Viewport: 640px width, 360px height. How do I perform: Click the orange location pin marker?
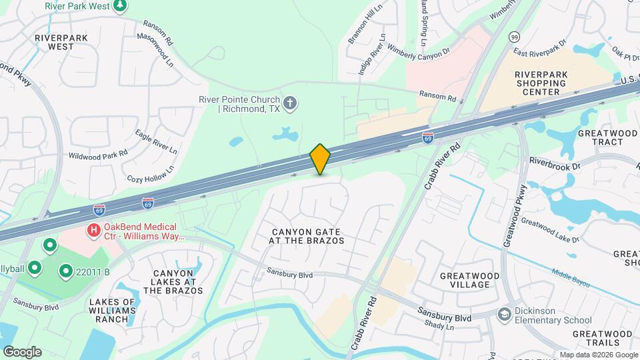click(321, 159)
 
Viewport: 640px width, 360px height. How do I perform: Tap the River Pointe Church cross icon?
click(290, 103)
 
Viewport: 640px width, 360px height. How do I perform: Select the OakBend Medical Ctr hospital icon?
click(95, 231)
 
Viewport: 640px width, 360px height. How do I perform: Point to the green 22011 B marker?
click(66, 271)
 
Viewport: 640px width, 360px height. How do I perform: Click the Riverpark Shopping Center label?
click(541, 83)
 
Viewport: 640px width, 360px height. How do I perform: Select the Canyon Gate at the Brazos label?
click(307, 236)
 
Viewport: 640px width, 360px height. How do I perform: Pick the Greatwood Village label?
click(465, 280)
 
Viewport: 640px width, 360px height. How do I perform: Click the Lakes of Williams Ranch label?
click(112, 310)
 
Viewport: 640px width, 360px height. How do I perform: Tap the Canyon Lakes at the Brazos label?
click(177, 282)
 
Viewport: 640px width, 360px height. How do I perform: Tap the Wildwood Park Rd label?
click(97, 155)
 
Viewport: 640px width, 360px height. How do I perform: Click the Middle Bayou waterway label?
click(571, 277)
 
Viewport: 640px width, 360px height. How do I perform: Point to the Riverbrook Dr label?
click(555, 161)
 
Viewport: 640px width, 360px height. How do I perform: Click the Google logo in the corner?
click(22, 351)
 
